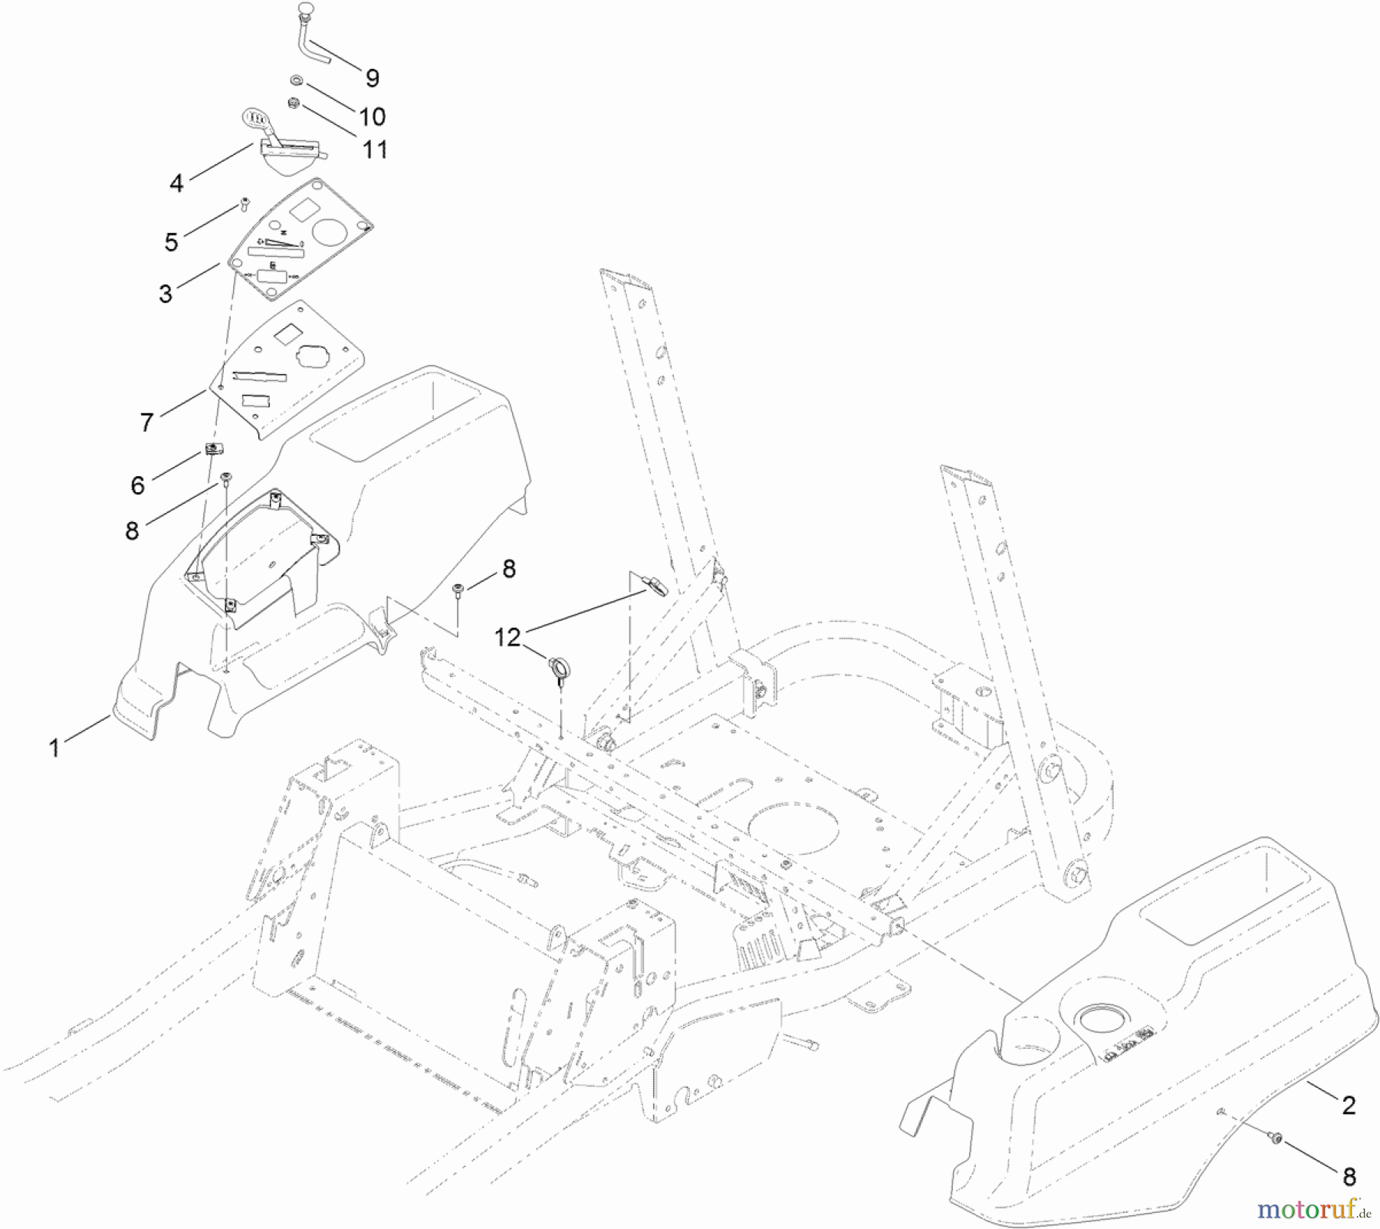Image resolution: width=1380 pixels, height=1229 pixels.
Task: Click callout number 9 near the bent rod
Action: (x=372, y=78)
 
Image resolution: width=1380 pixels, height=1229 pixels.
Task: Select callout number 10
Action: (x=372, y=117)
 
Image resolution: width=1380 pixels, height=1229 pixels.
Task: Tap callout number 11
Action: (x=374, y=149)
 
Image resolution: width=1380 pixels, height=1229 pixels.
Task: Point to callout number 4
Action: (x=177, y=183)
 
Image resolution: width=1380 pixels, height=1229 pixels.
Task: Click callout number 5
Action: (x=171, y=242)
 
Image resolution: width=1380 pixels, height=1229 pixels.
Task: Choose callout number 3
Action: (x=166, y=294)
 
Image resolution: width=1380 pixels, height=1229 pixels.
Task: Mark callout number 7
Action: (x=147, y=422)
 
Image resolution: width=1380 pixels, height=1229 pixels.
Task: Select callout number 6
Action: (x=137, y=485)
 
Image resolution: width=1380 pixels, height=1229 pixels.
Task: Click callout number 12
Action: (x=507, y=636)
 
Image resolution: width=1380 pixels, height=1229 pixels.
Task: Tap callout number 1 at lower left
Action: (x=54, y=748)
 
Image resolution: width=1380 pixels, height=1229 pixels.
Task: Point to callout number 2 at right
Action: (x=1349, y=1105)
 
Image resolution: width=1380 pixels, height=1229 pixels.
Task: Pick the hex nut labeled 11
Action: (x=293, y=103)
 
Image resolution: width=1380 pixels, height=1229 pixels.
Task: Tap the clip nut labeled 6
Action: (x=212, y=449)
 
